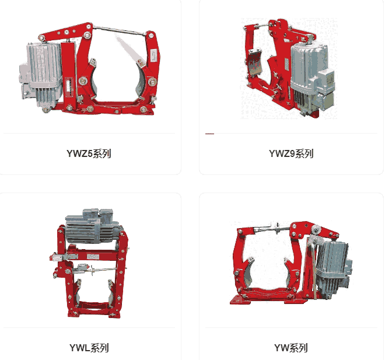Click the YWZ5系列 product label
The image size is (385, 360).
pyautogui.click(x=89, y=153)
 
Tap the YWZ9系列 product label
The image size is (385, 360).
pyautogui.click(x=291, y=153)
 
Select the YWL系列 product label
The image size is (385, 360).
pyautogui.click(x=89, y=348)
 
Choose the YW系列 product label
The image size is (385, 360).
pyautogui.click(x=291, y=348)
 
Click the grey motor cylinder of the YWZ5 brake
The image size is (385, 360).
pyautogui.click(x=44, y=74)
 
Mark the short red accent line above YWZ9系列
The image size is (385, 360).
pyautogui.click(x=209, y=134)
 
